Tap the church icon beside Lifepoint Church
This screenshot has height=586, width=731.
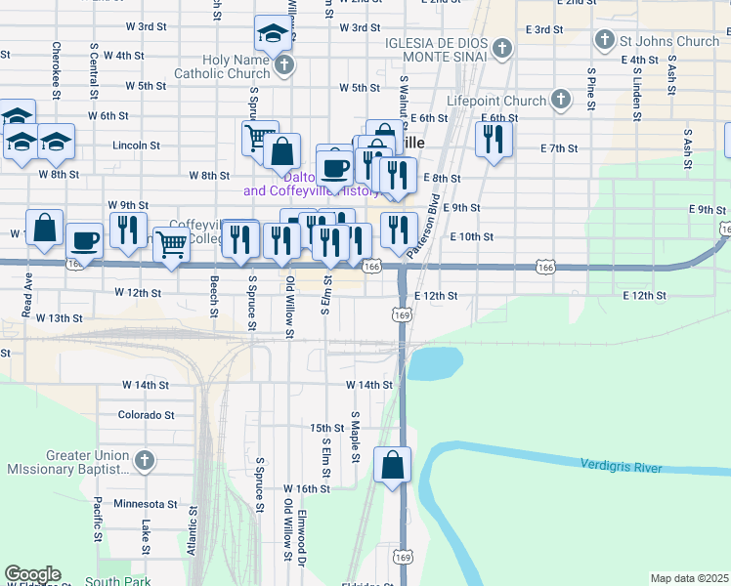pos(561,100)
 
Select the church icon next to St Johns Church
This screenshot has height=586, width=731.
pos(605,42)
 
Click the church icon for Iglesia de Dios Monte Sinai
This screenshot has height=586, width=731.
pos(501,48)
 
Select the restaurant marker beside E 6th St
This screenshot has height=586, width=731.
pos(494,139)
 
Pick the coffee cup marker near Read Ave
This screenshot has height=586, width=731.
pos(85,240)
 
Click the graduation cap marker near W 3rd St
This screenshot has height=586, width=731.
pos(271,35)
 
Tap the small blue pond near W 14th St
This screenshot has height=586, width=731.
pos(436,364)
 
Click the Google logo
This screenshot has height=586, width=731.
pos(32,574)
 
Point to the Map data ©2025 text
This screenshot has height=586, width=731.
pos(689,578)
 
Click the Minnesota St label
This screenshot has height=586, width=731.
pos(146,505)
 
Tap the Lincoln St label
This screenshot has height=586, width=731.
pos(136,145)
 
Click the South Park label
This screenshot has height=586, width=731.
pos(117,582)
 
